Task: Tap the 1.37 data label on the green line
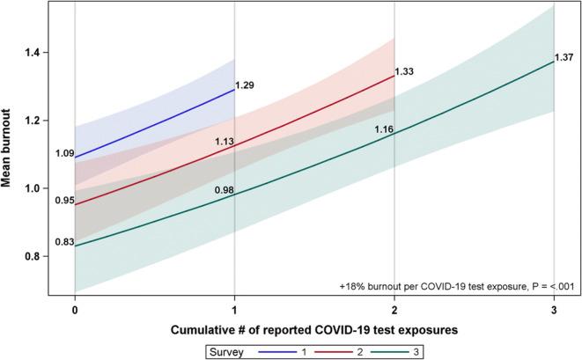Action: pyautogui.click(x=564, y=58)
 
